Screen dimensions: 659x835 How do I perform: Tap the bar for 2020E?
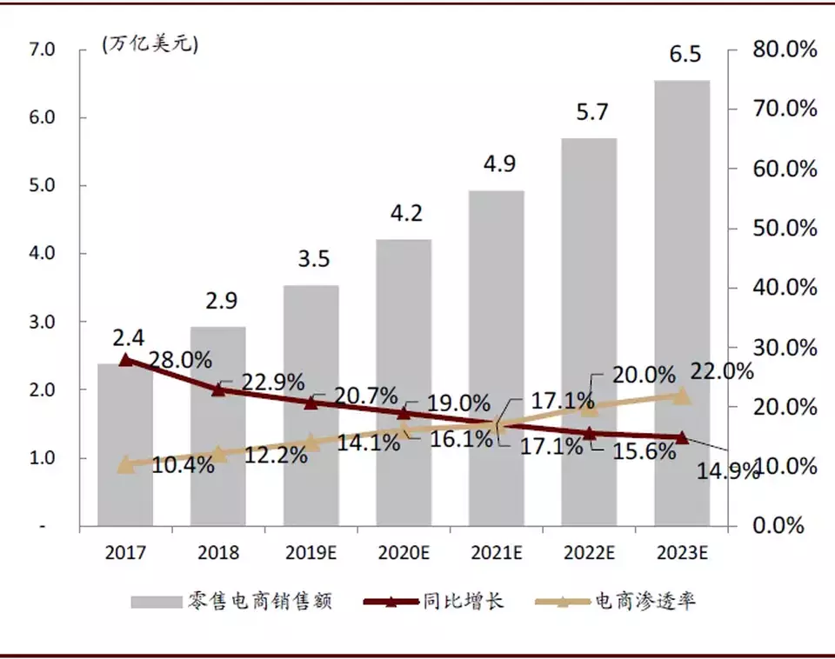pos(404,383)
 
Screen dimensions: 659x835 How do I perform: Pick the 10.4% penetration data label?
pos(183,465)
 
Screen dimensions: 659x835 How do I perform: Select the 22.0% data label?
pos(721,372)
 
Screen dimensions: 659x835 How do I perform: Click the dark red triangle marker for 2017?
pos(125,359)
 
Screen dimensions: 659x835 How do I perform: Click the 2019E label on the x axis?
pos(311,552)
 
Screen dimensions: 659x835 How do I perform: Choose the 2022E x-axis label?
pos(589,552)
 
